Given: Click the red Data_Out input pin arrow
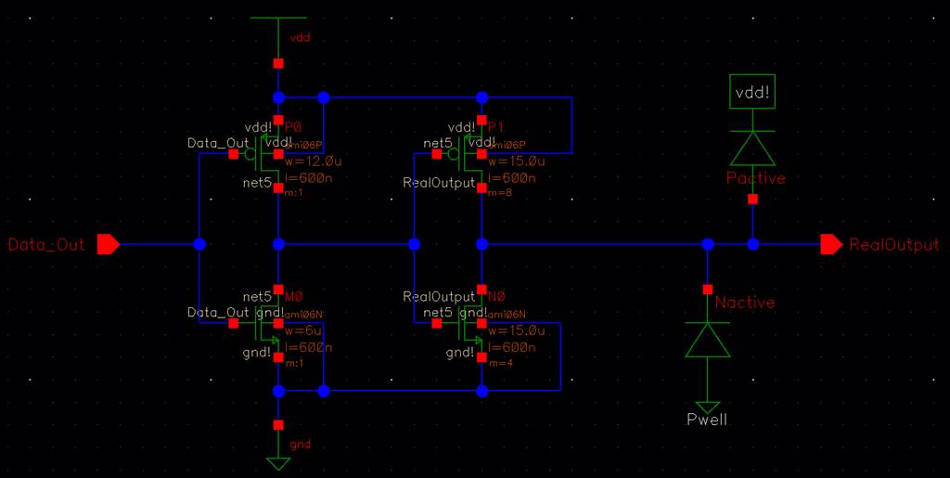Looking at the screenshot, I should pos(109,245).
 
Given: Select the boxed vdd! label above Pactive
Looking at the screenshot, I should pos(752,94).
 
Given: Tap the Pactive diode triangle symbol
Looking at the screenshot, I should pos(752,148).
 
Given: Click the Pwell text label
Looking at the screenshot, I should pos(707,420).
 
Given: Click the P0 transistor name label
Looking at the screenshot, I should pos(293,127).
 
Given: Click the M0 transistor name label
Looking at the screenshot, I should pos(293,296).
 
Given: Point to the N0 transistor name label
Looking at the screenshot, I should pos(497,296).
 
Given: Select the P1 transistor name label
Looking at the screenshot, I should pos(497,127).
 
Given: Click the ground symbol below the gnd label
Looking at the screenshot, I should pos(277,461).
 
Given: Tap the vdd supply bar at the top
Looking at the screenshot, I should pos(277,18).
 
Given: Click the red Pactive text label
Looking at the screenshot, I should pos(755,178).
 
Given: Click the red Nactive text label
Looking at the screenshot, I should pos(744,303).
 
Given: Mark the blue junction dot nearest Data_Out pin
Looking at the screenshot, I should pos(199,245).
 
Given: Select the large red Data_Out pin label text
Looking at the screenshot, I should pos(45,245).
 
